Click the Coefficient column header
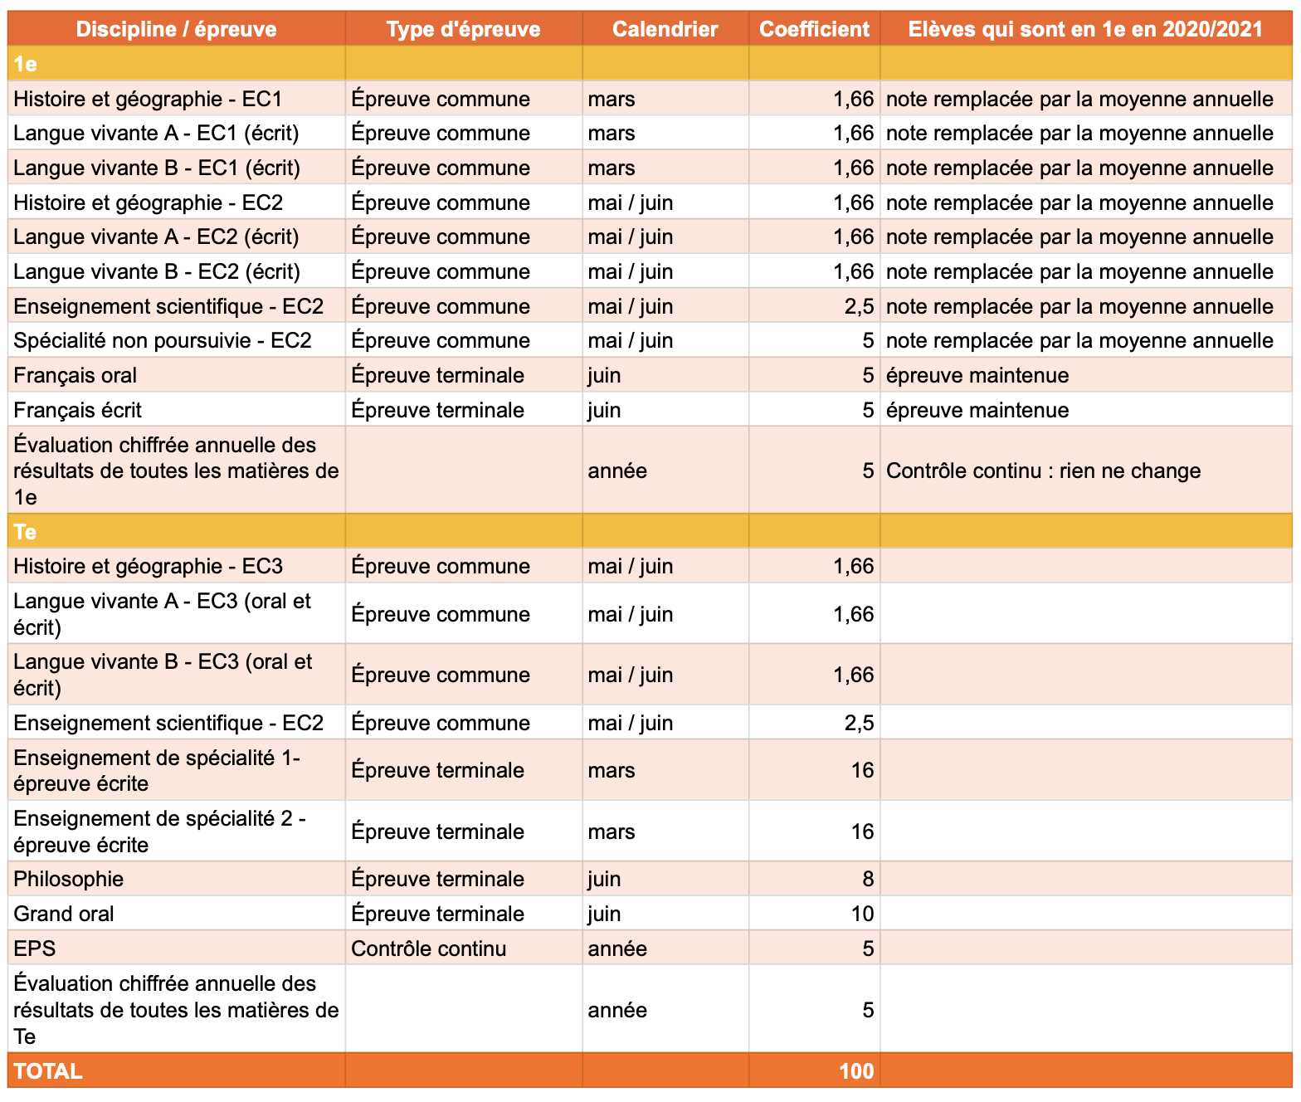[x=814, y=29]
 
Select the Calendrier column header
[x=665, y=29]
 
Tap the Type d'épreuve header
[x=463, y=29]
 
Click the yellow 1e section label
[x=25, y=64]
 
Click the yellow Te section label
[x=25, y=532]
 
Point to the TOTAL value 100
[x=856, y=1071]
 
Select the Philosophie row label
[x=69, y=879]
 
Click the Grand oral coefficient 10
[x=862, y=913]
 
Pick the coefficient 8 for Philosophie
[x=868, y=879]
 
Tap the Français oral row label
[x=75, y=375]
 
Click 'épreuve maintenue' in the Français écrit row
[x=977, y=410]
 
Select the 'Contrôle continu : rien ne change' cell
[x=1043, y=471]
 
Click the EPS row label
[x=35, y=948]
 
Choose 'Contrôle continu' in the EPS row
[x=428, y=948]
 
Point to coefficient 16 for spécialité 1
[x=862, y=770]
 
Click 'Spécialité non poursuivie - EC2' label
[x=163, y=340]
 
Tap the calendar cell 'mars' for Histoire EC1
[x=612, y=99]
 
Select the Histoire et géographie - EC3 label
[x=148, y=566]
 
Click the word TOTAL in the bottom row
[x=48, y=1071]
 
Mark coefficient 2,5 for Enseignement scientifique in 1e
[x=859, y=306]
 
